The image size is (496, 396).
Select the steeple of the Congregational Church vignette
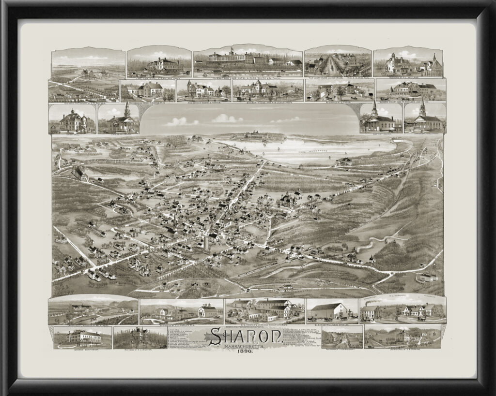click(422, 107)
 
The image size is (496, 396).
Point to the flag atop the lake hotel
click(232, 49)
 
